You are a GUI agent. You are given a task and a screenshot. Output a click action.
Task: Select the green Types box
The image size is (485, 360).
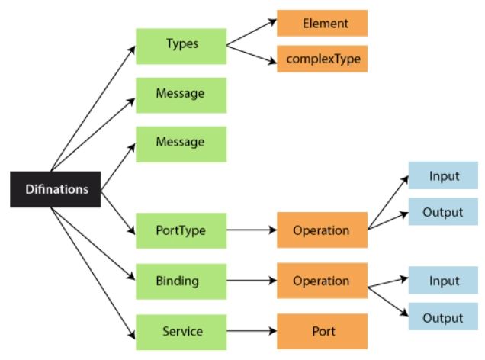tap(181, 44)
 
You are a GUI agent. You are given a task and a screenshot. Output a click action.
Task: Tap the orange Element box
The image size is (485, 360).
tap(321, 24)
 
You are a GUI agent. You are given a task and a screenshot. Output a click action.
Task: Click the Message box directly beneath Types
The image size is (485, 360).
tap(181, 95)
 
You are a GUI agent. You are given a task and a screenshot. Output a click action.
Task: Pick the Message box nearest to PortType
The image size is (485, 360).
tap(181, 143)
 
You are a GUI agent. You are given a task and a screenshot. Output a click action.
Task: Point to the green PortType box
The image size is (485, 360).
tap(181, 230)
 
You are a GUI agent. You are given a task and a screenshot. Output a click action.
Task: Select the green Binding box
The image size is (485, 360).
tap(181, 281)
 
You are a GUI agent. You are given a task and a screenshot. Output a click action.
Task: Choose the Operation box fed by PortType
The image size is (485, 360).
tap(321, 230)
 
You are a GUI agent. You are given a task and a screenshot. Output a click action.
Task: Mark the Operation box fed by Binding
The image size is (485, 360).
tap(321, 281)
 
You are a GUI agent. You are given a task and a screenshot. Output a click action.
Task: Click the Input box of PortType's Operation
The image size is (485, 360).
tap(444, 176)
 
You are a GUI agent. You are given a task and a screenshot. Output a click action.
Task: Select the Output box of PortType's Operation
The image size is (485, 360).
tap(444, 212)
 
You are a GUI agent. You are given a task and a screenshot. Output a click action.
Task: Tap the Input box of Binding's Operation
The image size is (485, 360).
tap(444, 281)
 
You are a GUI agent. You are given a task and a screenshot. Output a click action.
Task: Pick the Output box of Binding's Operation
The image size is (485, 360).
tap(444, 317)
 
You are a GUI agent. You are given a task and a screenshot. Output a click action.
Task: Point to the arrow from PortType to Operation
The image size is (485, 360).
tap(251, 230)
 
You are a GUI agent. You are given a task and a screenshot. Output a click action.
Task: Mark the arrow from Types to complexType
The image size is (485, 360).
tap(251, 53)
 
